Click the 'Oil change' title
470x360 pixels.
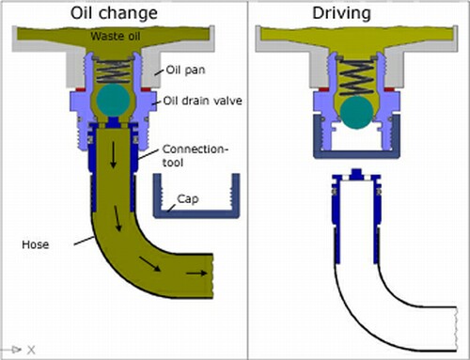(114, 13)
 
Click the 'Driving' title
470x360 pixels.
(341, 13)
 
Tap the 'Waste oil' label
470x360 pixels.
(116, 36)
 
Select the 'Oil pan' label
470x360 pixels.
(185, 70)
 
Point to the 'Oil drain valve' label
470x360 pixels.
(203, 101)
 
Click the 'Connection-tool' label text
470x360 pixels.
(195, 156)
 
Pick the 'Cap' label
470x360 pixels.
(188, 199)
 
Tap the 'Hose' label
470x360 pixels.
(36, 244)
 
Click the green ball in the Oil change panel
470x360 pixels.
(113, 100)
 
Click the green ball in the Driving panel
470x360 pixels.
(356, 113)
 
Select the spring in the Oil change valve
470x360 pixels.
(113, 70)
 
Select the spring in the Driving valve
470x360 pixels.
(356, 77)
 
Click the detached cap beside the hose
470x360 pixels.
(196, 213)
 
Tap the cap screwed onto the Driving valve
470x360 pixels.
(356, 153)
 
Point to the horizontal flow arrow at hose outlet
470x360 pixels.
(196, 274)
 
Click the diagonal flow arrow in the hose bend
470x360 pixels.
(149, 264)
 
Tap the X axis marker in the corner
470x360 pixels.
(31, 350)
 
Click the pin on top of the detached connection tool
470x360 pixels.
(356, 174)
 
